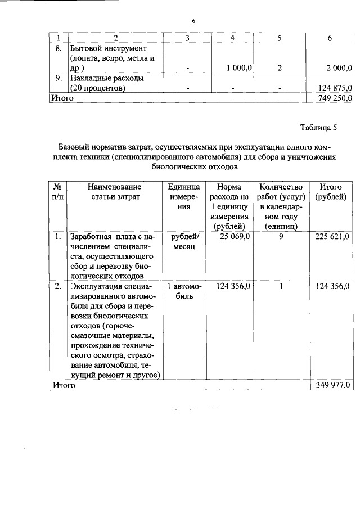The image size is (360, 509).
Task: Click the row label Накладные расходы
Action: (x=107, y=78)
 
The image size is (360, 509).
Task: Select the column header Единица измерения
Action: (x=183, y=196)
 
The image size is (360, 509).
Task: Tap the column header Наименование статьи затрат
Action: (x=114, y=191)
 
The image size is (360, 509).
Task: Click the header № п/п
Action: (x=57, y=191)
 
